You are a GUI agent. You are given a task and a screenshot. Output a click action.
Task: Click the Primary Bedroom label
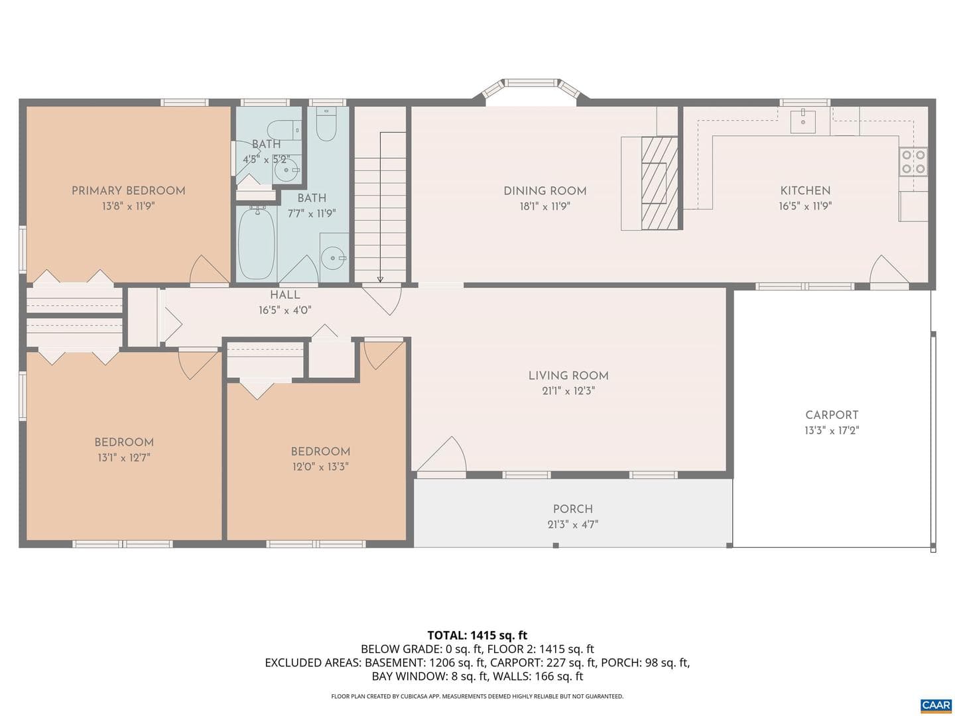129,190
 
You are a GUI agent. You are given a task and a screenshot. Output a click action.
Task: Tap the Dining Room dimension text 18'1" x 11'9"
544,206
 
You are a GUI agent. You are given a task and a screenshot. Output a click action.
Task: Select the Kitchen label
805,190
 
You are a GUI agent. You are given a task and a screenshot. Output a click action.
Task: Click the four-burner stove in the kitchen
913,161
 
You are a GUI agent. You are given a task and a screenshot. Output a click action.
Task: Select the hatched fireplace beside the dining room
660,182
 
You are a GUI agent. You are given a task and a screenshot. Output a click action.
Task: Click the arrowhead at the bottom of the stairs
380,280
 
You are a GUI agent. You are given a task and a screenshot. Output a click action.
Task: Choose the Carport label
832,415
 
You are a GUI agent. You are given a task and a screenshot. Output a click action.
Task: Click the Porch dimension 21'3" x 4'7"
572,524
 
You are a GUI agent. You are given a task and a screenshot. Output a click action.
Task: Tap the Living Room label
568,375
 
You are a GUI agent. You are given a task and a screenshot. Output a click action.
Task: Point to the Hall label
285,294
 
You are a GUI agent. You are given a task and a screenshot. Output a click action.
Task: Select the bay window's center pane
531,82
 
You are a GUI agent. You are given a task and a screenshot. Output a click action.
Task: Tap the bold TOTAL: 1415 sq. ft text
477,635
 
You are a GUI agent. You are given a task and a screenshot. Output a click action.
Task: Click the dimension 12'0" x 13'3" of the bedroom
320,467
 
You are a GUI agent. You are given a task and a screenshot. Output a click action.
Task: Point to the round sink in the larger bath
334,258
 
